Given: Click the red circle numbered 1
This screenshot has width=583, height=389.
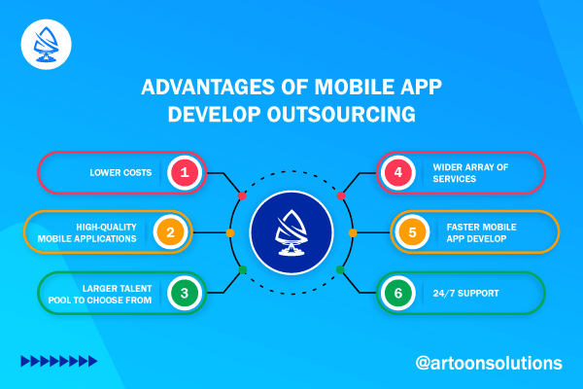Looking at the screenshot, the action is click(x=185, y=172).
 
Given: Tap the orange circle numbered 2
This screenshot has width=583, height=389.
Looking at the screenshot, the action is click(x=170, y=232).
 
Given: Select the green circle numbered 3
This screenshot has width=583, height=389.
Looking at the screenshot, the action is click(x=185, y=293).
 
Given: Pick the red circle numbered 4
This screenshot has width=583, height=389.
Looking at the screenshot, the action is click(x=397, y=172).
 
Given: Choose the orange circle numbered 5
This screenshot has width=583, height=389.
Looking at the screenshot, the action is click(x=412, y=232).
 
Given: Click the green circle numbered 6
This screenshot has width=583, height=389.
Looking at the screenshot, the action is click(x=397, y=293).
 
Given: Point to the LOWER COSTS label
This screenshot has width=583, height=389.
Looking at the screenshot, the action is click(x=120, y=173).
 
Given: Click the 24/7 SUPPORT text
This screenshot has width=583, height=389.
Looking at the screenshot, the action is click(x=465, y=294).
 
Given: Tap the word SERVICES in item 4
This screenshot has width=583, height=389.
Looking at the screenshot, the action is click(x=455, y=179).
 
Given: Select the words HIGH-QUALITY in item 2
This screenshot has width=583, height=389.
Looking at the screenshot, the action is click(x=106, y=227).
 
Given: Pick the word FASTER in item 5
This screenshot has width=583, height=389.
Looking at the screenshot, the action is click(x=463, y=227).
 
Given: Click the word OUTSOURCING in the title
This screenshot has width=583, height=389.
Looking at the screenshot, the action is click(x=341, y=114).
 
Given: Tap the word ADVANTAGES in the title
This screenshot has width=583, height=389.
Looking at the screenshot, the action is click(x=209, y=87).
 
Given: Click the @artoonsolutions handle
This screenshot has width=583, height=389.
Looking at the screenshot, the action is click(x=489, y=363).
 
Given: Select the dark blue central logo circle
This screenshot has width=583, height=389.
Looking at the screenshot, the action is click(x=291, y=232).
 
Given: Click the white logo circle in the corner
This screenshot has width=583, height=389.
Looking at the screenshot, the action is click(x=46, y=45).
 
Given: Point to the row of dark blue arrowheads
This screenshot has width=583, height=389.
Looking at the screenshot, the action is click(x=59, y=361).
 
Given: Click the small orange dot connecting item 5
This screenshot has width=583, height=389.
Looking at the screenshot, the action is click(x=353, y=233).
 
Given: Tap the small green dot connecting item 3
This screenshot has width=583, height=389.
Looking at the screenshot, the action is click(x=242, y=270).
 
